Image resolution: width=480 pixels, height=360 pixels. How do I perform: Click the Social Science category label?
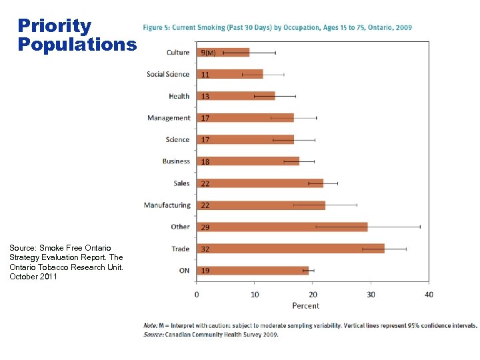[168, 74]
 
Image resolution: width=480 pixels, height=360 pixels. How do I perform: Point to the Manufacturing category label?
[167, 205]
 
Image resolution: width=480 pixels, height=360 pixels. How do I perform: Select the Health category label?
[179, 96]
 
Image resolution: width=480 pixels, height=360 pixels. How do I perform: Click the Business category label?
[176, 161]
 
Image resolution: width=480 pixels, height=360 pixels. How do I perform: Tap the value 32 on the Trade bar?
[205, 249]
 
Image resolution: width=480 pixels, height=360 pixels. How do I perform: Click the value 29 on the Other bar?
[205, 227]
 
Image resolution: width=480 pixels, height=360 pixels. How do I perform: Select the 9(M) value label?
[208, 53]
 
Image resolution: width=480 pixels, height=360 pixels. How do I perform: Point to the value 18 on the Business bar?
[205, 162]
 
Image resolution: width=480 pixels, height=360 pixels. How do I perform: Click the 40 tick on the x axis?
[428, 295]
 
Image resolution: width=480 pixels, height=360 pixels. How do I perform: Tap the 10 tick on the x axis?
[254, 295]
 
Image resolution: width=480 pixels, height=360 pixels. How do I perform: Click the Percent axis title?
[305, 306]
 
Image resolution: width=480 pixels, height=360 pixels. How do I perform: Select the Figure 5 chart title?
[277, 27]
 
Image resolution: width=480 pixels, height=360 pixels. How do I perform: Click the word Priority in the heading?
[55, 26]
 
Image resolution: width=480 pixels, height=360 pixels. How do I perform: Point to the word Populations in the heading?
[77, 44]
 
